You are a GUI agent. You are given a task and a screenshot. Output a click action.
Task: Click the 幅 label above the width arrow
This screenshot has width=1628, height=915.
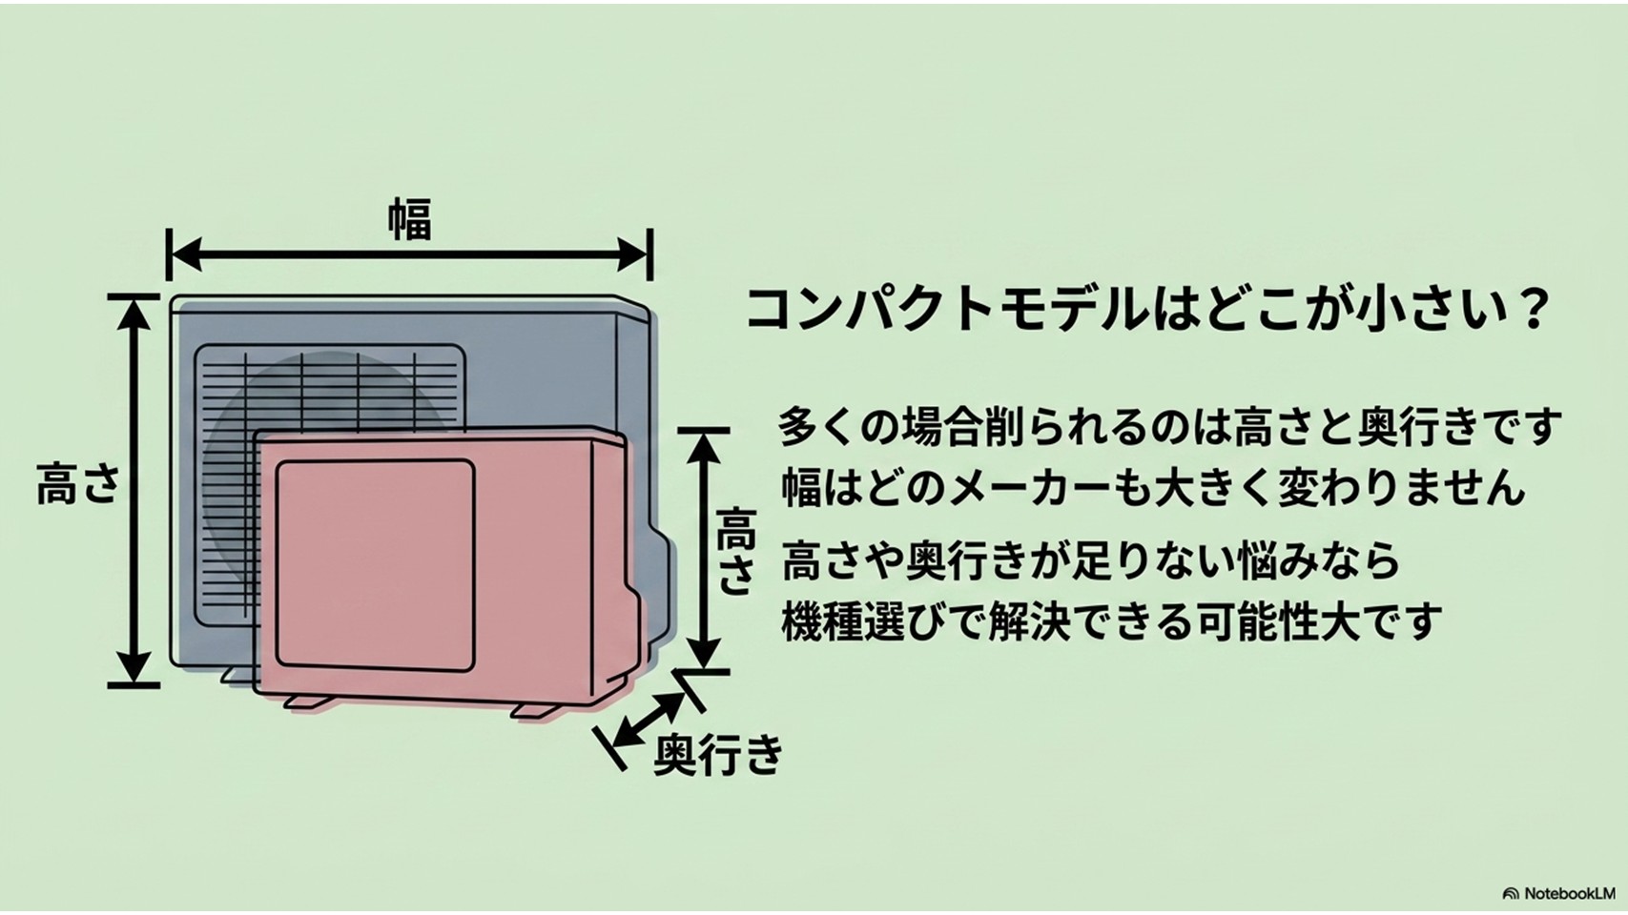click(x=410, y=218)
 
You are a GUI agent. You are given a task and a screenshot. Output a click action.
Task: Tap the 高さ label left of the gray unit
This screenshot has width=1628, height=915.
click(x=78, y=482)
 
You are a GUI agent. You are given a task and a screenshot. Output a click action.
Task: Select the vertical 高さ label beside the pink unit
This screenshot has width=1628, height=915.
click(x=735, y=552)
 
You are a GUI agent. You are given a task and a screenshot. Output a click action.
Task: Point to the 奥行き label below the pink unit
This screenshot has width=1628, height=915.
click(x=718, y=754)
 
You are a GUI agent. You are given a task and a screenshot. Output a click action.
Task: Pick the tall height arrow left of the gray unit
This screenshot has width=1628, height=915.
click(x=134, y=490)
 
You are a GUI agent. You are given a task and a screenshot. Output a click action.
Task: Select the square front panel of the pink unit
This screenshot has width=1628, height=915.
click(x=375, y=565)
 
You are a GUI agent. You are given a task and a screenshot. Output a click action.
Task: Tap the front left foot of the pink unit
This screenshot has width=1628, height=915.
click(x=309, y=701)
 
